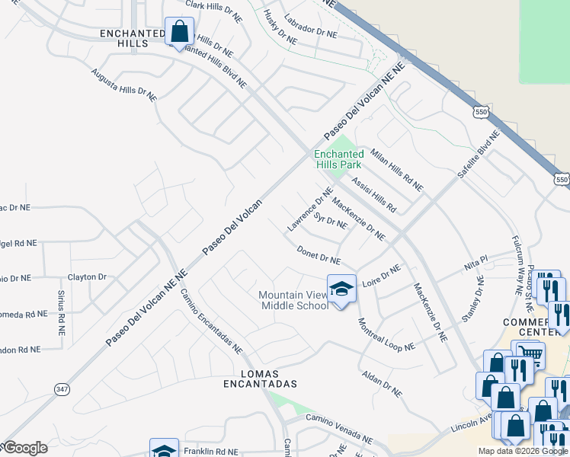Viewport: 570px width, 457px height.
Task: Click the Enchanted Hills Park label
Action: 339,159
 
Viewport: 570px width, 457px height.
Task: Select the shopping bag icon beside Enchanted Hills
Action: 179,33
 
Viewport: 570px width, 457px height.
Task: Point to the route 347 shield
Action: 62,388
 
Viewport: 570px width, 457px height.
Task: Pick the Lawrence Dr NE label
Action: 311,210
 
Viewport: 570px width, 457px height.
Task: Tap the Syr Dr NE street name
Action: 331,221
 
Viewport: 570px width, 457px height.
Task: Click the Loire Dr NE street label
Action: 381,274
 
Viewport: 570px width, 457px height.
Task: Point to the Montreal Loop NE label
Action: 386,334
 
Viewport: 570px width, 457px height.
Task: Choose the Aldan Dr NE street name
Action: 382,382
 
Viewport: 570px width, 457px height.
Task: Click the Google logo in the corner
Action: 24,448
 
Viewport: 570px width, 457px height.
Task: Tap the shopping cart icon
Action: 530,353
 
